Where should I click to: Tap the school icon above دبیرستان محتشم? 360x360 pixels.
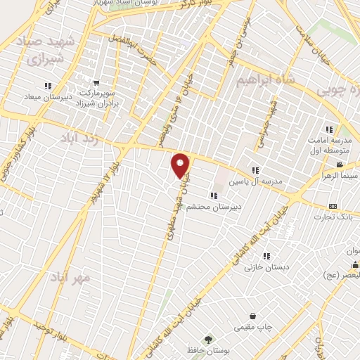click(212, 195)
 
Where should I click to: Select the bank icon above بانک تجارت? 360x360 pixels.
click(333, 206)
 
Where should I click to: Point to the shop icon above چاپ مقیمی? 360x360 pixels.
click(253, 315)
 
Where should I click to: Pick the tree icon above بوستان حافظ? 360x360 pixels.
click(207, 338)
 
